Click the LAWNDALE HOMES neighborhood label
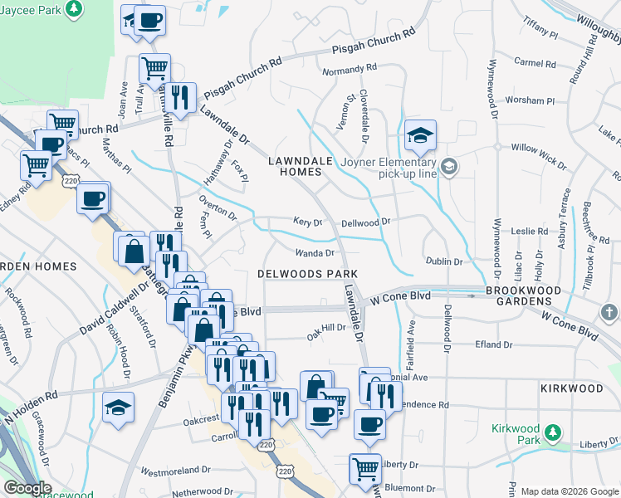coord(295,164)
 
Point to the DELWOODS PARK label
coord(307,273)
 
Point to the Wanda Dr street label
coord(315,253)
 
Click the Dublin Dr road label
coord(444,261)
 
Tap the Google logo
coord(27,488)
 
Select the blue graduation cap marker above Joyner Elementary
coord(421,135)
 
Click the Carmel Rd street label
coord(533,62)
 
